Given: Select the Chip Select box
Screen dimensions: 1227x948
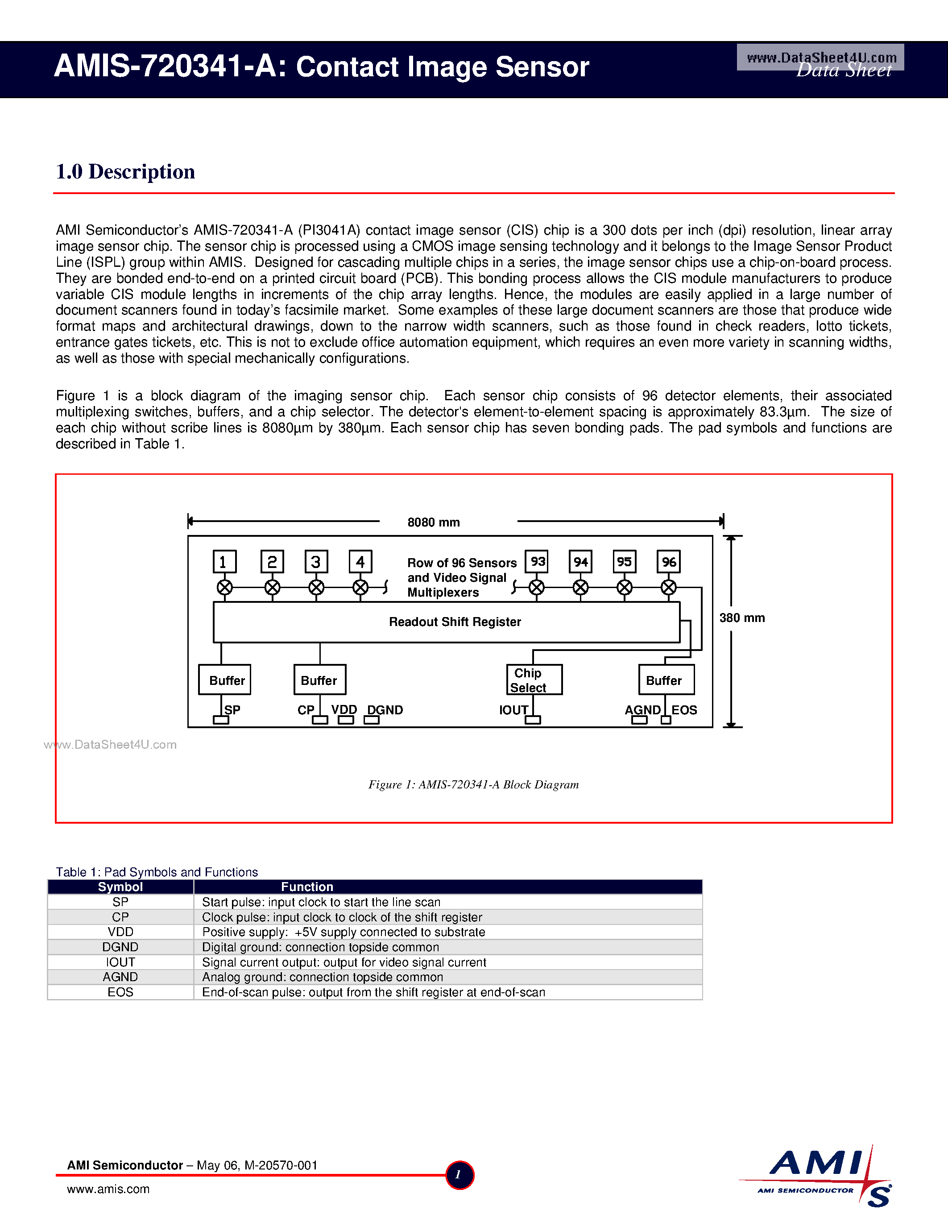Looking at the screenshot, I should click(534, 680).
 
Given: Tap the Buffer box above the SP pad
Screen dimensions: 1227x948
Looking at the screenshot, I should click(225, 680).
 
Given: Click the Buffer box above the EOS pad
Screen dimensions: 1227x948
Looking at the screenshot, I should click(666, 680).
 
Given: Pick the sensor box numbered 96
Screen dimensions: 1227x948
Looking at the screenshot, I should click(668, 561).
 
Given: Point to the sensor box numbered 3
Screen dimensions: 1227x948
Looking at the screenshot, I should click(316, 561).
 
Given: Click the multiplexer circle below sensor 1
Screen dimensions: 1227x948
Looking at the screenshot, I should click(225, 588).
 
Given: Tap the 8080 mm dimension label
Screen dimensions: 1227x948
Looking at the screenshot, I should click(434, 522).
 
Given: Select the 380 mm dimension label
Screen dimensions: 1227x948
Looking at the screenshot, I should click(742, 618).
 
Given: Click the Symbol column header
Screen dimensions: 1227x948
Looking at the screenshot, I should click(120, 887).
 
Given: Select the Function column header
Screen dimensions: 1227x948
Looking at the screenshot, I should click(307, 887).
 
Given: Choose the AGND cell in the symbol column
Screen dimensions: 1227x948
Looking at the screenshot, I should click(120, 977).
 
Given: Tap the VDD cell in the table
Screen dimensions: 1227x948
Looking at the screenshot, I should click(120, 932).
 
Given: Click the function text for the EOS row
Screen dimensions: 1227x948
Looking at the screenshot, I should click(373, 992).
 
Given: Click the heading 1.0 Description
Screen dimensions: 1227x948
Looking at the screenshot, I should click(125, 171).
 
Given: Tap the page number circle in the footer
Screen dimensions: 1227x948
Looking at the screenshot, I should click(460, 1175).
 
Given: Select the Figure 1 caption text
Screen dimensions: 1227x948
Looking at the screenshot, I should click(473, 785).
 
